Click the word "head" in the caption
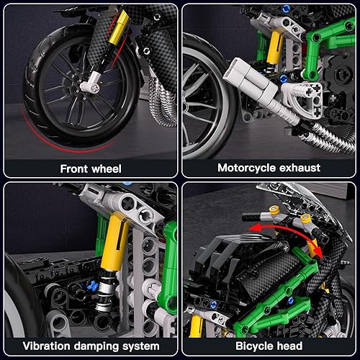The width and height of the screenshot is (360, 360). point(295,346)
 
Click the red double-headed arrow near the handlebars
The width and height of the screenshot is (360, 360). point(282,238)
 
